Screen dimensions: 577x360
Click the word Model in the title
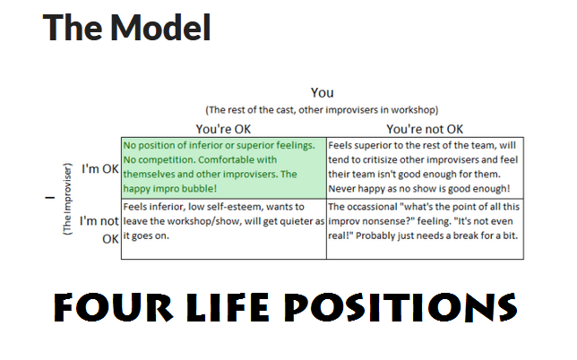click(x=160, y=27)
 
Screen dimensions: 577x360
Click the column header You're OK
click(x=223, y=129)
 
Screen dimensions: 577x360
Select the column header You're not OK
click(x=425, y=129)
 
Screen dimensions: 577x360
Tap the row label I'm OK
click(x=100, y=168)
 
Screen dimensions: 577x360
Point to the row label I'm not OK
click(x=99, y=230)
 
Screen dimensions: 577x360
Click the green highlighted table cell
click(x=224, y=168)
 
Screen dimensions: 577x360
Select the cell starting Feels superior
click(x=425, y=168)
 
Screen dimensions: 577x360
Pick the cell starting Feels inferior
click(x=224, y=229)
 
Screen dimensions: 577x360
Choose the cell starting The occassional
click(x=425, y=229)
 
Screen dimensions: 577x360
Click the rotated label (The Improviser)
click(x=68, y=199)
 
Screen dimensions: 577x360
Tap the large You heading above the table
click(x=322, y=92)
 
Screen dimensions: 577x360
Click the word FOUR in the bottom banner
click(x=113, y=307)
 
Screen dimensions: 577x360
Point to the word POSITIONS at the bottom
click(x=400, y=307)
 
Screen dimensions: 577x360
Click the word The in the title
click(x=73, y=27)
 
